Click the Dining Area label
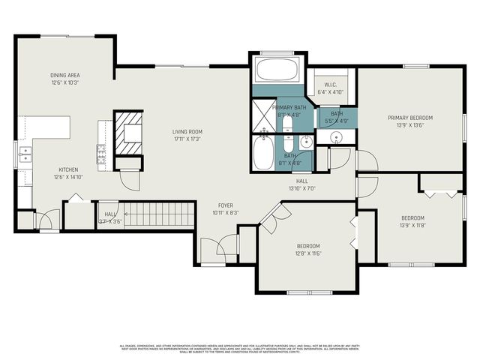click(x=65, y=79)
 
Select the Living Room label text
click(x=187, y=135)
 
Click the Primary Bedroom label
click(x=410, y=121)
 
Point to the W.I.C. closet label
click(x=330, y=88)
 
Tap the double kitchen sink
click(x=25, y=157)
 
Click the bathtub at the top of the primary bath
click(x=277, y=72)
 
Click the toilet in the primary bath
click(x=288, y=142)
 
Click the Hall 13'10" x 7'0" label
click(x=302, y=184)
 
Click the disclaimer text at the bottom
click(x=240, y=348)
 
